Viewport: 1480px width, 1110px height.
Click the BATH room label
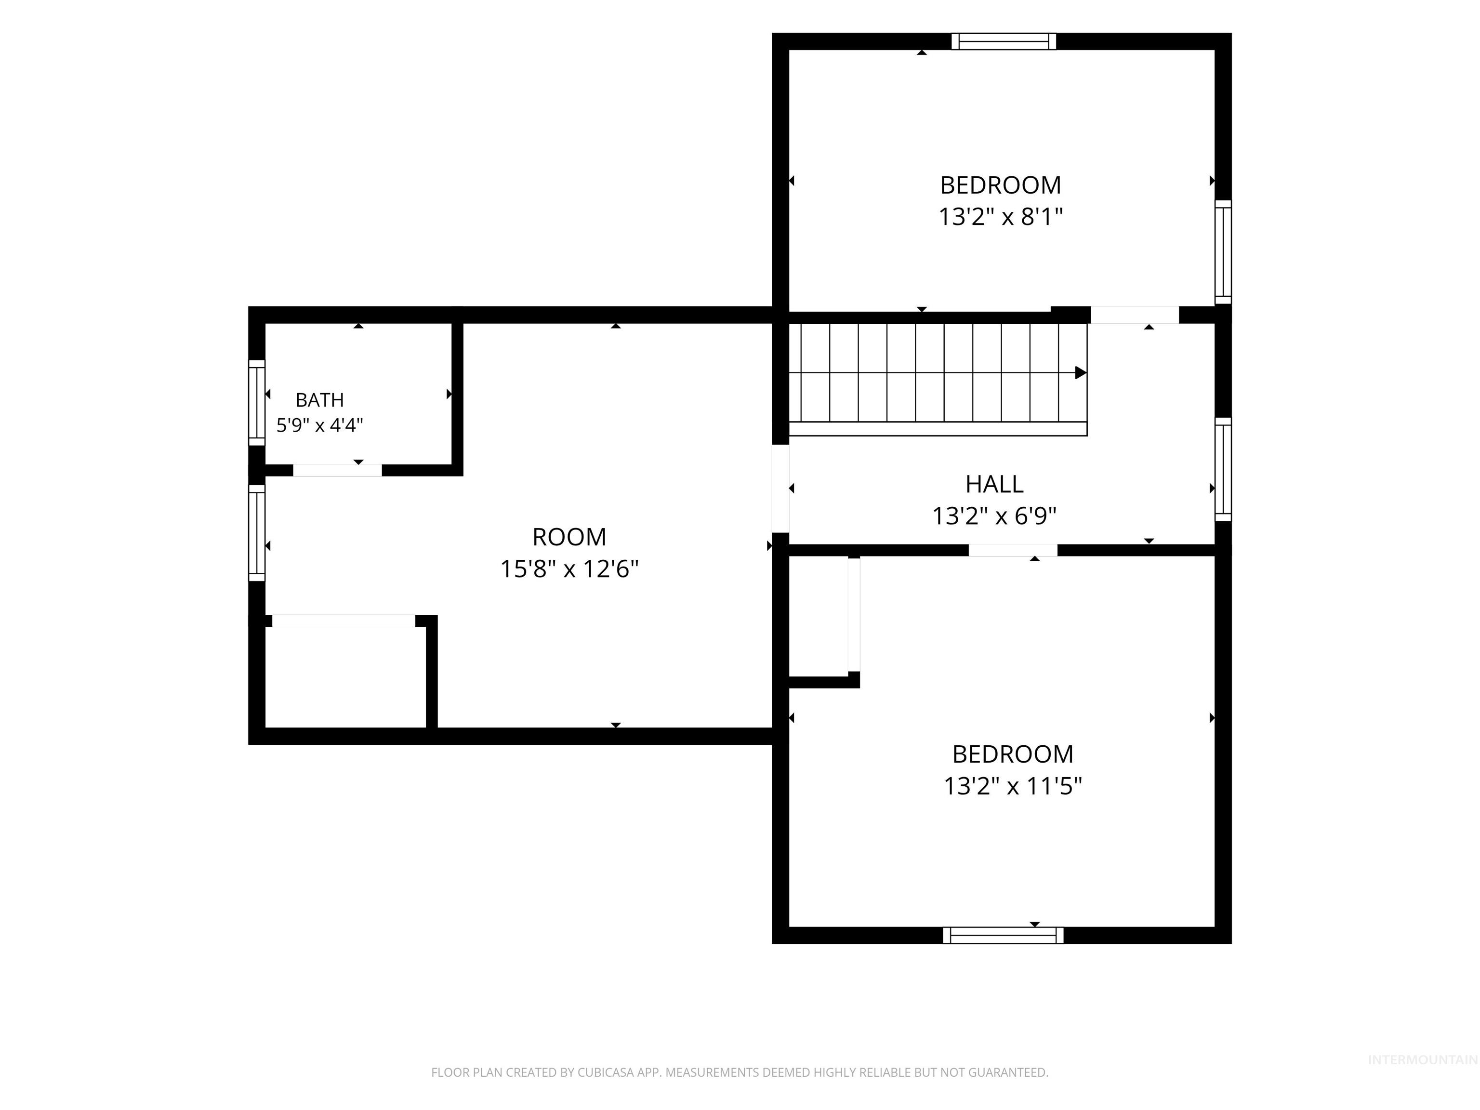pyautogui.click(x=320, y=399)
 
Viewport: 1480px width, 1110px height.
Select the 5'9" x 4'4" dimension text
pyautogui.click(x=320, y=425)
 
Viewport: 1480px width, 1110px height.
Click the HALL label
pyautogui.click(x=994, y=484)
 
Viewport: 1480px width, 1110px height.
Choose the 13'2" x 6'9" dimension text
pyautogui.click(x=994, y=516)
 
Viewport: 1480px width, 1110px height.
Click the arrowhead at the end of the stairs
pyautogui.click(x=1081, y=373)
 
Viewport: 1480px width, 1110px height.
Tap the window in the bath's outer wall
pyautogui.click(x=257, y=403)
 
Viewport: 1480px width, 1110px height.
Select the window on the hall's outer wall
pyautogui.click(x=1223, y=470)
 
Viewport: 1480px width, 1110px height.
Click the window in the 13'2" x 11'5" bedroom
pyautogui.click(x=1003, y=936)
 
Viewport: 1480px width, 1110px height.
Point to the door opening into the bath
pyautogui.click(x=337, y=470)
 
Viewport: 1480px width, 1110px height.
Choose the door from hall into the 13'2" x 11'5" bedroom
pyautogui.click(x=1013, y=550)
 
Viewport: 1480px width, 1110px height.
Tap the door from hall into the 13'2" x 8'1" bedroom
pyautogui.click(x=1135, y=315)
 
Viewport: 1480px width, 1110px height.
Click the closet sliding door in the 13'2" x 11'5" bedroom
pyautogui.click(x=854, y=614)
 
